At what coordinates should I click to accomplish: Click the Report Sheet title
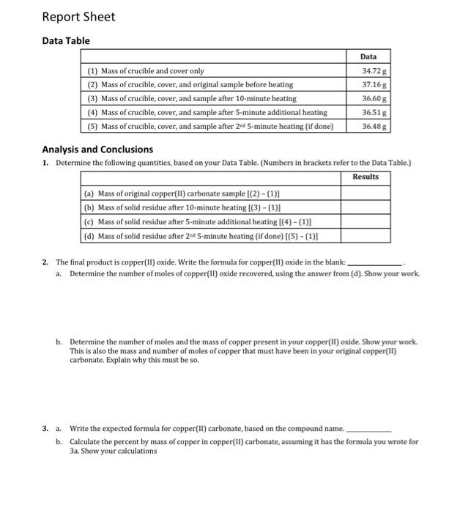click(78, 17)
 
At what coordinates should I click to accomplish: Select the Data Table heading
click(66, 41)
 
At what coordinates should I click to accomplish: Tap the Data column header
click(368, 57)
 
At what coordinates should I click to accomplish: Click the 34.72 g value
click(375, 71)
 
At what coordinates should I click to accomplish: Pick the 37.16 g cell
click(375, 85)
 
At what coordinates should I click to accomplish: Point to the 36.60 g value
click(375, 98)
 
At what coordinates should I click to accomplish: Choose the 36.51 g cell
click(375, 112)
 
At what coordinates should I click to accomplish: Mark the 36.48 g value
click(375, 126)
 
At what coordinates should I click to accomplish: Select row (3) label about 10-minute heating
click(191, 98)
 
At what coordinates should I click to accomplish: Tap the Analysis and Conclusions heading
click(97, 150)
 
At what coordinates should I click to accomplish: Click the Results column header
click(366, 177)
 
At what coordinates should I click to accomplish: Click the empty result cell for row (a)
click(366, 193)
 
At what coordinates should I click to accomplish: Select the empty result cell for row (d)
click(366, 236)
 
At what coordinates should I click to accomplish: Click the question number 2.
click(45, 262)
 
